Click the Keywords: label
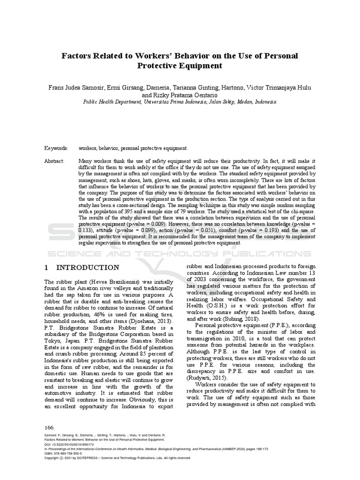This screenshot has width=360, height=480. (x=57, y=148)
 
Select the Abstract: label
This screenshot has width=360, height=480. (x=55, y=160)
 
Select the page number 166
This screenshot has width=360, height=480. (x=49, y=427)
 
